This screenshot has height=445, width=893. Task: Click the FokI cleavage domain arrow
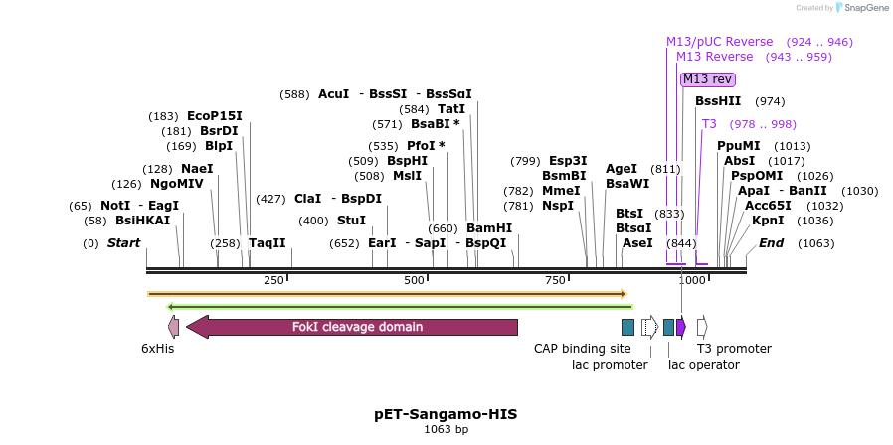click(352, 327)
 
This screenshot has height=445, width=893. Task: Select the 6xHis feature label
click(157, 349)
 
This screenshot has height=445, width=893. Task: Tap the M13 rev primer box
click(707, 79)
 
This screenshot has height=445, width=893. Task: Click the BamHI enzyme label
click(488, 228)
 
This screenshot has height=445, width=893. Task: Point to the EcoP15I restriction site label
click(214, 116)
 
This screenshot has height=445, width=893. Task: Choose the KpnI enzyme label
click(767, 221)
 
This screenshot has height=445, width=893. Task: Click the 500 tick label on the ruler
click(415, 281)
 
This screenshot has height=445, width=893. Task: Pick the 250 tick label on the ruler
click(273, 281)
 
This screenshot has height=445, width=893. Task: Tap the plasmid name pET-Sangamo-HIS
click(446, 413)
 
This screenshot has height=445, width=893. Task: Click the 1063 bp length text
click(446, 429)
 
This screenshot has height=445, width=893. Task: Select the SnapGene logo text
click(864, 8)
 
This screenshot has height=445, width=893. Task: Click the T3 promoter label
click(734, 349)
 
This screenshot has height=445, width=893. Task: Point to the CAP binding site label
click(582, 349)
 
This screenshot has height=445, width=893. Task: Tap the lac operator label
click(703, 365)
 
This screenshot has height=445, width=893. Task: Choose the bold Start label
click(123, 243)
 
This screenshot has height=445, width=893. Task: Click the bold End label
click(771, 243)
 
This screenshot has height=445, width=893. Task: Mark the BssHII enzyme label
click(718, 101)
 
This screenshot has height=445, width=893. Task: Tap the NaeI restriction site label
click(197, 169)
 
